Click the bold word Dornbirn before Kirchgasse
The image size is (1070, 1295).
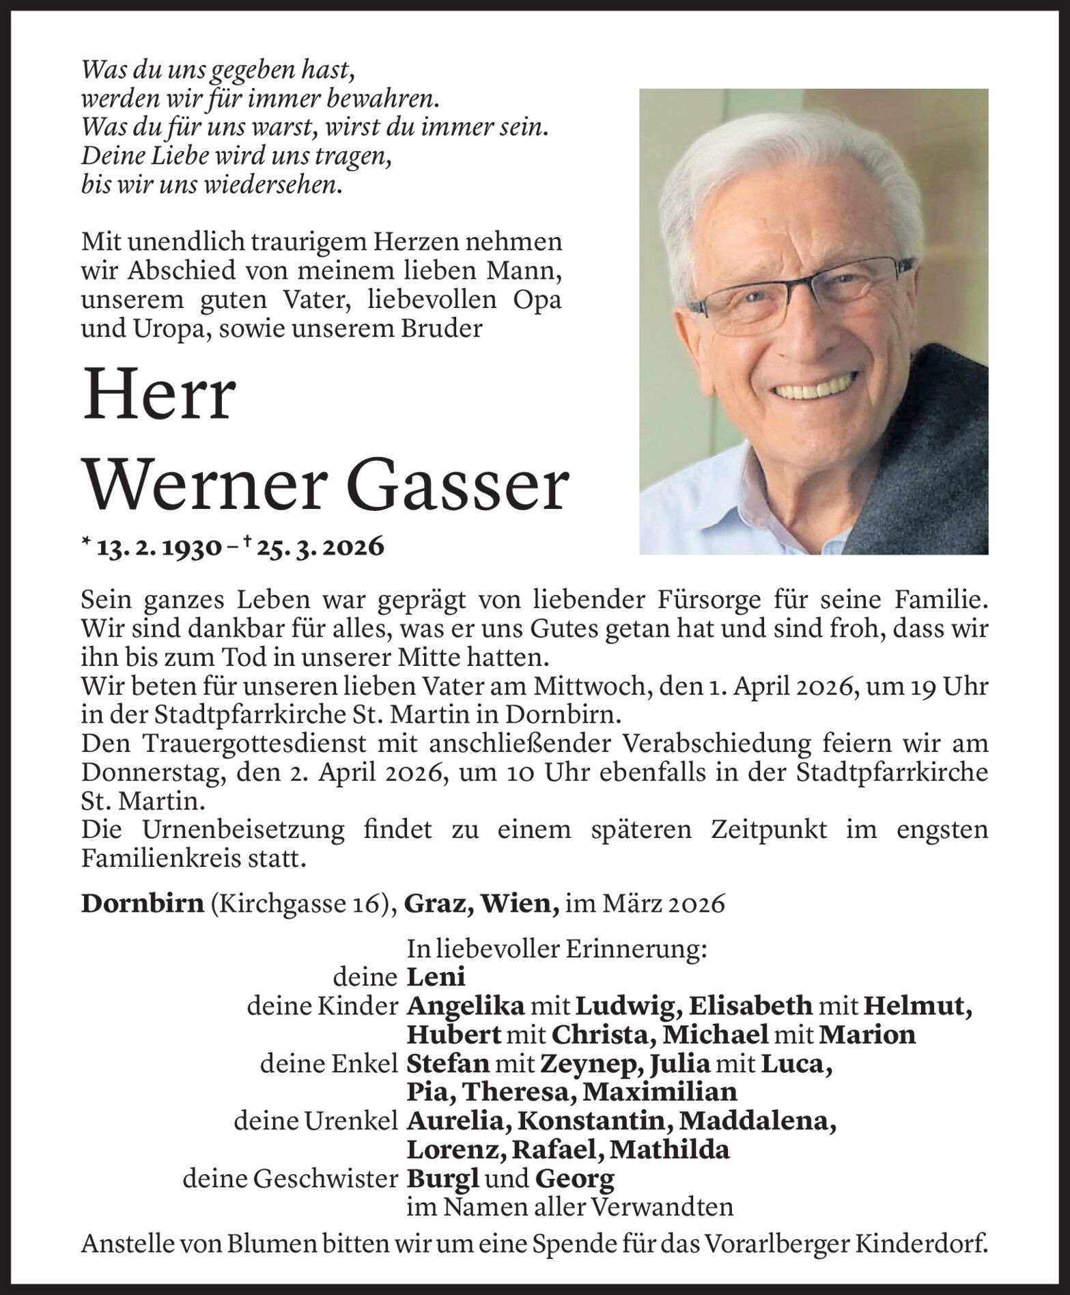142,904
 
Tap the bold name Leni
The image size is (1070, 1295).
436,977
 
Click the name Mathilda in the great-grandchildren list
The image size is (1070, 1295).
670,1150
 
